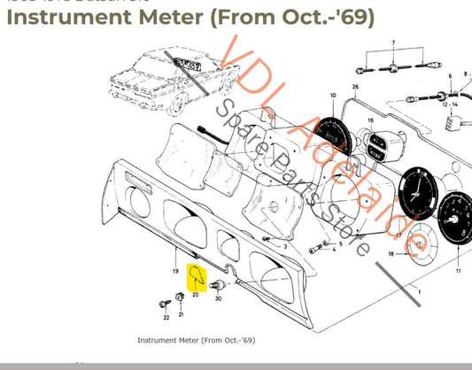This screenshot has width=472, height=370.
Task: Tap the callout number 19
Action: coord(176,270)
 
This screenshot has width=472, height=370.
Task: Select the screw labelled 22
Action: coord(166,316)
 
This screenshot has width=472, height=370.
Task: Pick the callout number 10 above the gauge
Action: coord(333,95)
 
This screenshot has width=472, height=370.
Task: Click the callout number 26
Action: coord(354,87)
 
